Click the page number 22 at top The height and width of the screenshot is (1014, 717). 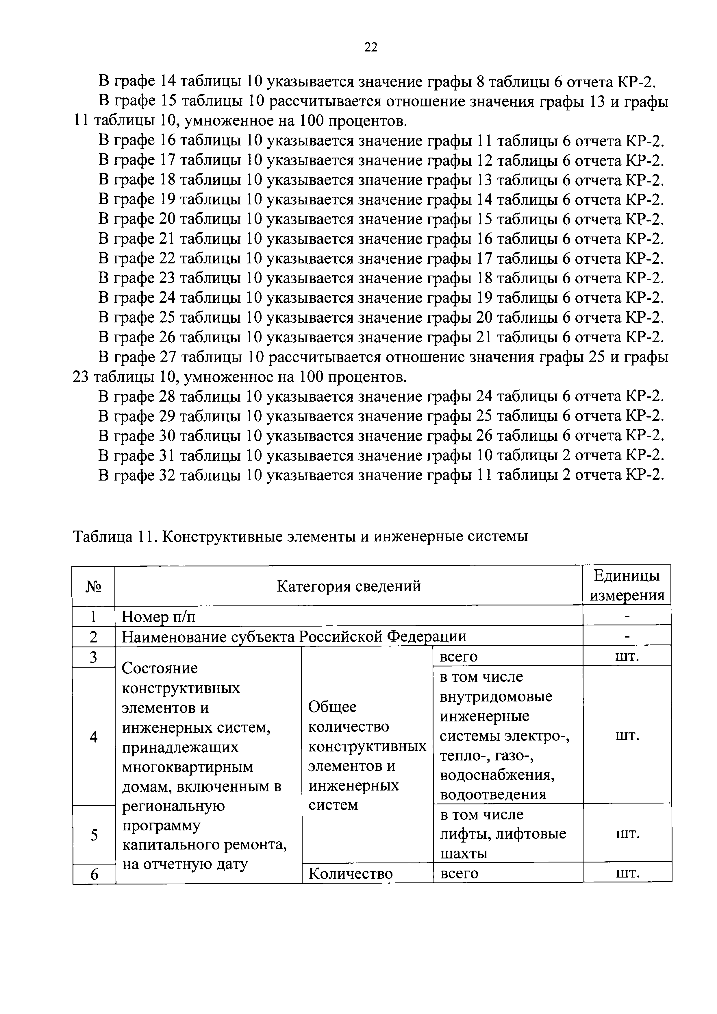tap(371, 47)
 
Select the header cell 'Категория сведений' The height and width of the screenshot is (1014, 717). tap(349, 586)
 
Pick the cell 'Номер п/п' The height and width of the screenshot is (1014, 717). tap(158, 616)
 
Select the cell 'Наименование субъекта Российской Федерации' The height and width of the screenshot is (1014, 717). tap(294, 636)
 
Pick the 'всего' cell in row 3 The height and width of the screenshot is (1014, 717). tap(459, 657)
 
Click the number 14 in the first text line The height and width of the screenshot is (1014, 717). tap(167, 82)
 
